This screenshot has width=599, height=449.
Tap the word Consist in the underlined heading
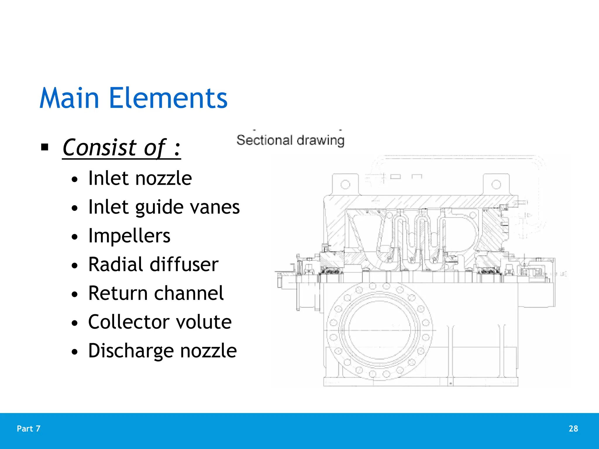coord(99,147)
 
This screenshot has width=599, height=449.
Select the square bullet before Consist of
coord(45,147)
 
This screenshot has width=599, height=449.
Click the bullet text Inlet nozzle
coord(140,178)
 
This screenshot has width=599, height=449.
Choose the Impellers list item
coord(129,236)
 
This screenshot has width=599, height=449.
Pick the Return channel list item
coord(156,293)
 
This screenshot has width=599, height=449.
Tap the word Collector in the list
coord(129,322)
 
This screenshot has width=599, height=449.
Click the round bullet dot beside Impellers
coord(75,236)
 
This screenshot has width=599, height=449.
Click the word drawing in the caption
coord(320,141)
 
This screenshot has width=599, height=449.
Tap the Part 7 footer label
coord(29,429)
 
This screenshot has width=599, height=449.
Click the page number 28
coord(573,429)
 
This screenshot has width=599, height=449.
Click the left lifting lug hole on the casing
coord(345,184)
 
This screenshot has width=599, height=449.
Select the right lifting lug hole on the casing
coord(496,184)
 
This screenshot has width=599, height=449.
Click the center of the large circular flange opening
coord(379,330)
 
